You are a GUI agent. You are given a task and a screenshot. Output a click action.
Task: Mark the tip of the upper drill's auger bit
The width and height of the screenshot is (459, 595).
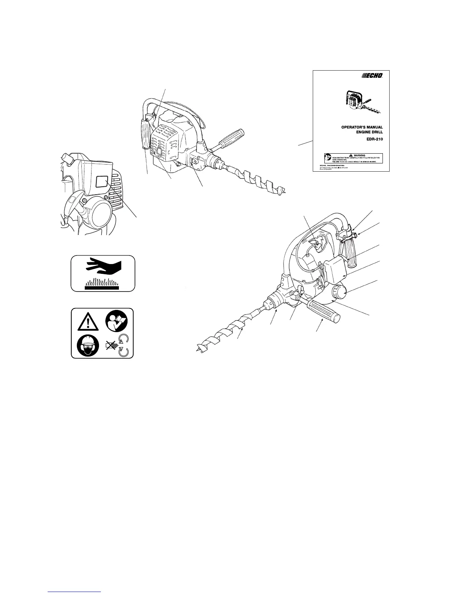(285, 192)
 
